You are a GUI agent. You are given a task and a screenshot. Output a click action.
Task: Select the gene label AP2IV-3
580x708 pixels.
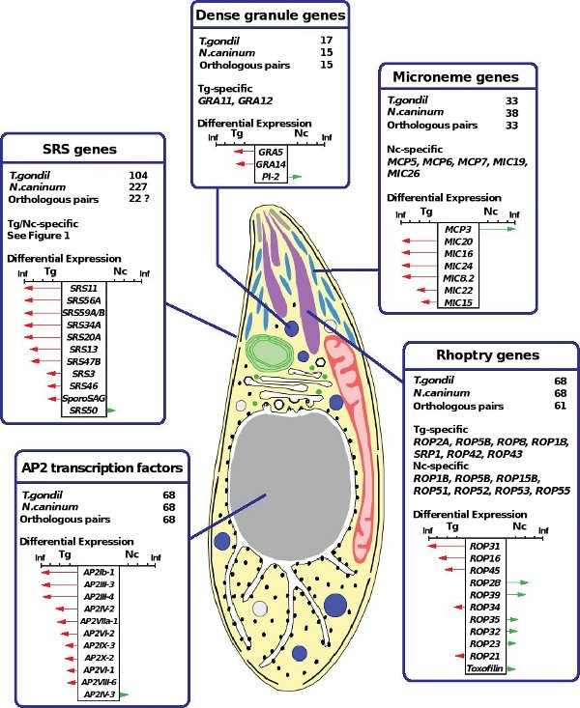(x=101, y=694)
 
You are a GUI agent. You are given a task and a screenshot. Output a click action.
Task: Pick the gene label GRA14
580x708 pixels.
(x=270, y=165)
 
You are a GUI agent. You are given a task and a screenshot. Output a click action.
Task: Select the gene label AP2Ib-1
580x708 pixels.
(x=101, y=572)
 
